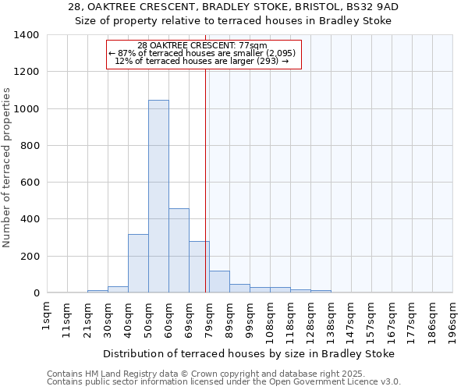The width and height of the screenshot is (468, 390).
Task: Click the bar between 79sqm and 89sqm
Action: pyautogui.click(x=219, y=282)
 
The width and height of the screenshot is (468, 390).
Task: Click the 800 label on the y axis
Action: pyautogui.click(x=30, y=146)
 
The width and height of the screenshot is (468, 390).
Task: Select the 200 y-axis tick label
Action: pyautogui.click(x=30, y=257)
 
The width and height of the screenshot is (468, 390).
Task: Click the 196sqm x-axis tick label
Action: pyautogui.click(x=452, y=319)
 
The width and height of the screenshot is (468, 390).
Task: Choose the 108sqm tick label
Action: pyautogui.click(x=270, y=319)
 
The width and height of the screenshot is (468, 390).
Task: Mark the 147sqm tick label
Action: pyautogui.click(x=351, y=319)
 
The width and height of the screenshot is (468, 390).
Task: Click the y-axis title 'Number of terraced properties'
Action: pyautogui.click(x=8, y=168)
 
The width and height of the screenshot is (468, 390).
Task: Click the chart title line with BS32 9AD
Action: pyautogui.click(x=233, y=7)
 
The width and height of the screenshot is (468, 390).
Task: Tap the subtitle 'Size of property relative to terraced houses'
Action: pyautogui.click(x=233, y=21)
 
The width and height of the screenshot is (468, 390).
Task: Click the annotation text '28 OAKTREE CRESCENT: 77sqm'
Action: pyautogui.click(x=202, y=45)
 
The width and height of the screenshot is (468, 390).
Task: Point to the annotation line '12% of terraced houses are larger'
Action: pyautogui.click(x=202, y=61)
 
